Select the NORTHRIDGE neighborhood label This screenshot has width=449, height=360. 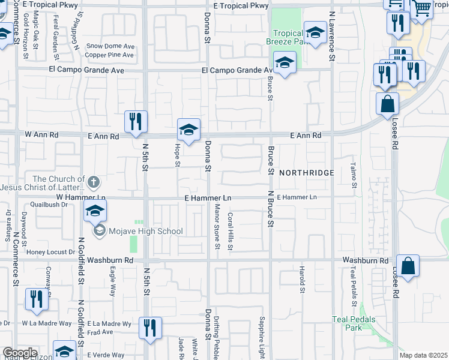pyautogui.click(x=306, y=172)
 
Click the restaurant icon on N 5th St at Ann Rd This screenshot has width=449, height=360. pyautogui.click(x=136, y=121)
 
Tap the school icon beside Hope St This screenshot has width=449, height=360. pyautogui.click(x=188, y=129)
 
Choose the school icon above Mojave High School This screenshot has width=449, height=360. pyautogui.click(x=95, y=211)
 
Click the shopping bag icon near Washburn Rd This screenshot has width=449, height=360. pyautogui.click(x=408, y=266)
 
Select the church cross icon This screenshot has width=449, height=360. pyautogui.click(x=94, y=181)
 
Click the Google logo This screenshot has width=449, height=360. pyautogui.click(x=19, y=353)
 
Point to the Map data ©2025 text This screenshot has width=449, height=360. pyautogui.click(x=423, y=355)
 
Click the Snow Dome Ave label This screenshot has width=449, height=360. pyautogui.click(x=110, y=46)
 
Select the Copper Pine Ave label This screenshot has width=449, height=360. pyautogui.click(x=109, y=55)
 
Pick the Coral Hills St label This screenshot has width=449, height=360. pyautogui.click(x=231, y=231)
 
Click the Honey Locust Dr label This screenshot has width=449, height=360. pyautogui.click(x=50, y=252)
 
